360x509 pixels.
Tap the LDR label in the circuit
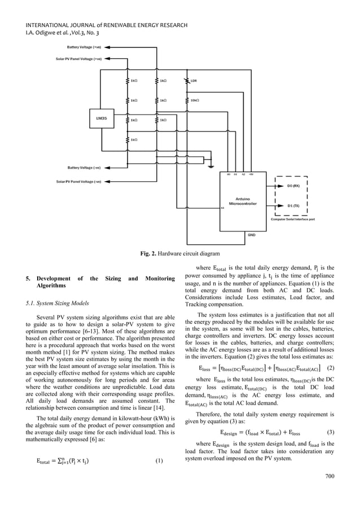[x=194, y=81]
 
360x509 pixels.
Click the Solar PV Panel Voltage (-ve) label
[x=79, y=182]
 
